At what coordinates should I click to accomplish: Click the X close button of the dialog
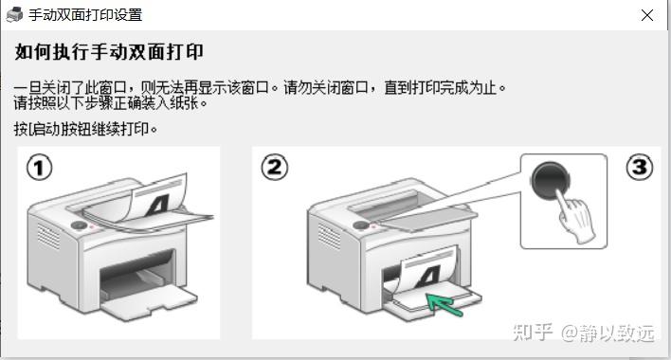coord(647,15)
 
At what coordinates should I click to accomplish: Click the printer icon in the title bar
coord(14,15)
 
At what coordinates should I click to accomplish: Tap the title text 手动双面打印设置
coord(85,15)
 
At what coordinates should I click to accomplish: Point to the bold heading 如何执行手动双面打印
coord(109,52)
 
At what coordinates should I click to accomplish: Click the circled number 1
coord(40,168)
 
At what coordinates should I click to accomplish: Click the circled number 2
coord(274,167)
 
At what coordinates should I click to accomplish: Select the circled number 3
coord(640,167)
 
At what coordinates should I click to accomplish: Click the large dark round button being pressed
coord(550,181)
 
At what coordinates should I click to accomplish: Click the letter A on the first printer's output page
coord(159,205)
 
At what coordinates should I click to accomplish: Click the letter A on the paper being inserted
coord(428,277)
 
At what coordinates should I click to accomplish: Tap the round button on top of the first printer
coord(79,225)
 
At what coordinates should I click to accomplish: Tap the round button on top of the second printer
coord(360,225)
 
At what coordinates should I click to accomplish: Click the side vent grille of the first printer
coord(48,236)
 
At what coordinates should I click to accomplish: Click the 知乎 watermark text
coord(533,333)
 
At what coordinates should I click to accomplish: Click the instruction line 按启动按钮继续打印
coord(85,128)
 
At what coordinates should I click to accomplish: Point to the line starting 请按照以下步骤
coord(110,102)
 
